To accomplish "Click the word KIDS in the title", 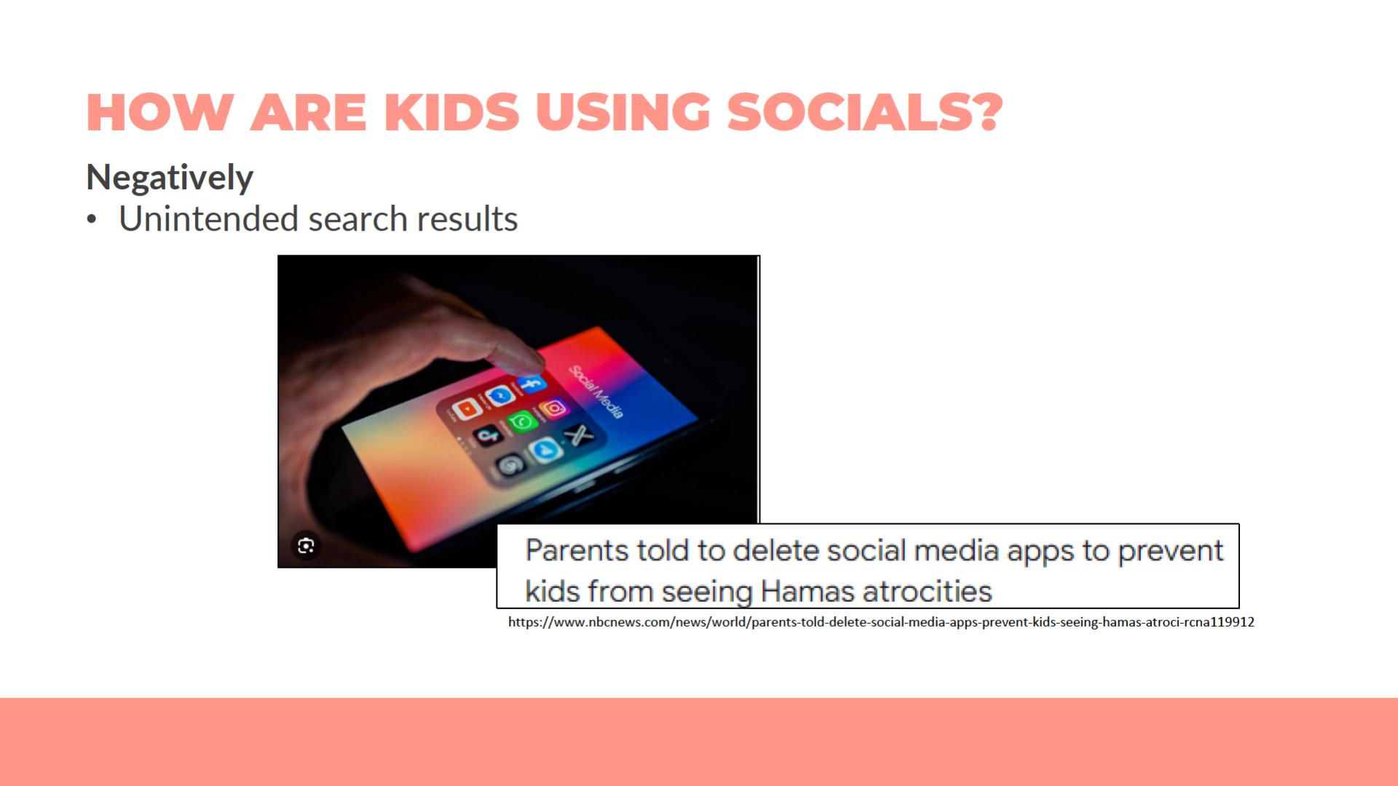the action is click(x=451, y=112).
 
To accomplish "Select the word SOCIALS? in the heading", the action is click(x=865, y=112).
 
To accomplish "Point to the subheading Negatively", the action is click(x=170, y=177).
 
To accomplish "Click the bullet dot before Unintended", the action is click(x=91, y=220).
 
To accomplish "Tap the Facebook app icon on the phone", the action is click(x=532, y=384).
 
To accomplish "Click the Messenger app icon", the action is click(x=500, y=396).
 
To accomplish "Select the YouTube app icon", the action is click(x=467, y=409).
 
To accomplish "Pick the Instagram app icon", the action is click(x=553, y=408).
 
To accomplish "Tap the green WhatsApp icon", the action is click(x=522, y=421).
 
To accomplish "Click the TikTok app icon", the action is click(x=488, y=435).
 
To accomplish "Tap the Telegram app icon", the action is click(x=545, y=450).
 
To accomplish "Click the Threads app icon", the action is click(x=510, y=464).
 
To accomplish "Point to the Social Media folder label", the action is click(x=596, y=392).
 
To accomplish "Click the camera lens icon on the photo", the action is click(x=306, y=545).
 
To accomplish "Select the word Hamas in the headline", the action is click(x=806, y=591).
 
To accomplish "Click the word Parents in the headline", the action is click(x=578, y=551).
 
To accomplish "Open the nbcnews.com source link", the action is click(x=881, y=622).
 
